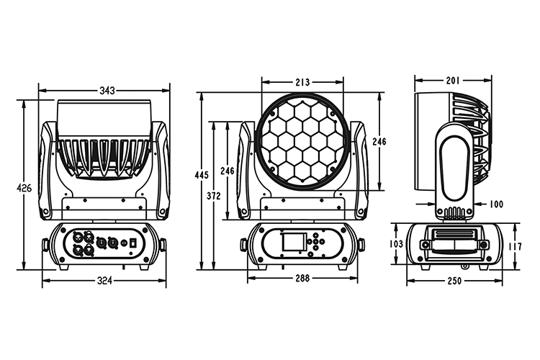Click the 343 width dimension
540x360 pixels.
click(x=107, y=91)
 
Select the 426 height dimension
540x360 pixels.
click(x=24, y=188)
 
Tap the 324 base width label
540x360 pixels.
click(x=104, y=281)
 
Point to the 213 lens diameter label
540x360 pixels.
click(x=302, y=82)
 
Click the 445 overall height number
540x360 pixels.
click(x=202, y=175)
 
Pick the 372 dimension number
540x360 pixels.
click(x=214, y=196)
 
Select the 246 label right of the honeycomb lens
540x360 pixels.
click(x=379, y=142)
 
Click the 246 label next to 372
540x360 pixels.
click(x=228, y=171)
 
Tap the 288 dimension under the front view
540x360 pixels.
click(x=302, y=278)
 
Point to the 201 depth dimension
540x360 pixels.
click(x=453, y=81)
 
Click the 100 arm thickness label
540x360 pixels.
click(x=496, y=204)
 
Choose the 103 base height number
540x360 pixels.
click(x=396, y=244)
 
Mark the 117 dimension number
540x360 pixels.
click(x=515, y=246)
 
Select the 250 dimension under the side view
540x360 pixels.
click(x=454, y=281)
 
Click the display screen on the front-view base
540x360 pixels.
click(x=294, y=241)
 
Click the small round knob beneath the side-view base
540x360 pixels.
click(x=465, y=266)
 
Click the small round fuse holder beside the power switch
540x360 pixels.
click(x=124, y=243)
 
